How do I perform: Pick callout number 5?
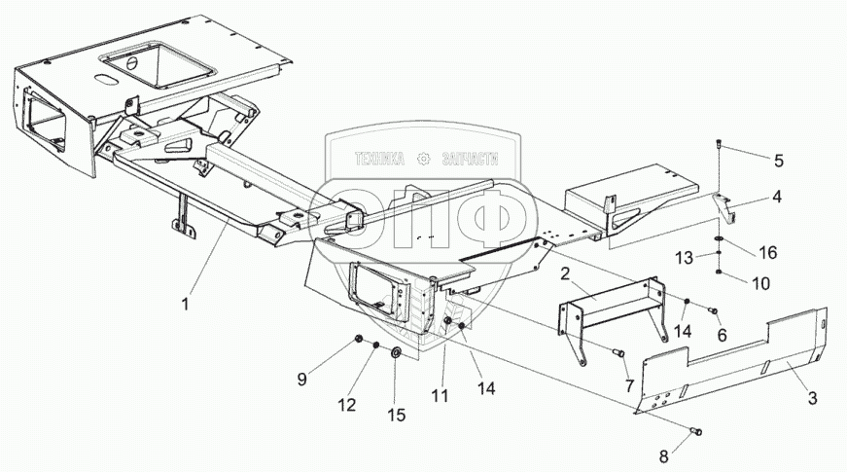point(778,159)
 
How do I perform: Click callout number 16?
point(767,252)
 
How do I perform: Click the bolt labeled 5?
point(718,146)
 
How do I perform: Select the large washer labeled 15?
point(397,352)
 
